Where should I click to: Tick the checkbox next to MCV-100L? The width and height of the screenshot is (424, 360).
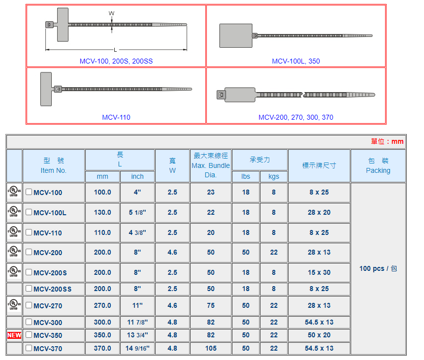click(29, 212)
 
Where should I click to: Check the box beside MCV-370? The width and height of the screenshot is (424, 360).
click(29, 348)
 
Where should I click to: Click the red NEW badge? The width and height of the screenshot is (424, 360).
click(14, 335)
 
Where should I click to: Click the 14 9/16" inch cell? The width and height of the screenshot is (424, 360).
click(137, 348)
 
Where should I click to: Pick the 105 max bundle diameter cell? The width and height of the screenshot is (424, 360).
click(211, 348)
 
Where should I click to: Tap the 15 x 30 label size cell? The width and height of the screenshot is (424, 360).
click(319, 272)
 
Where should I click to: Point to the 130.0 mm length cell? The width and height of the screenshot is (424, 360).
click(102, 212)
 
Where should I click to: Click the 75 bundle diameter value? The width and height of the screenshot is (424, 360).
click(211, 305)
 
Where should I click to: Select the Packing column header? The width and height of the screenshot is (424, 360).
click(378, 165)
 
